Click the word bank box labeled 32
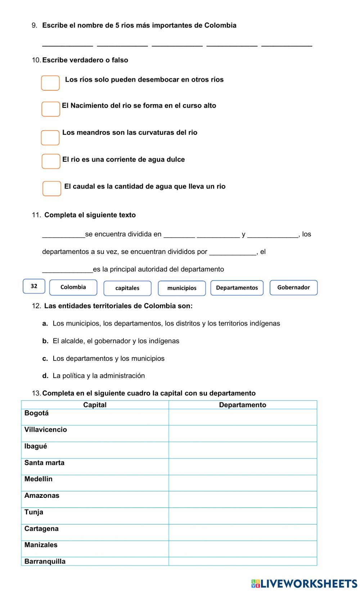[x=34, y=286]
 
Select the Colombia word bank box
[x=73, y=287]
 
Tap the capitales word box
[x=127, y=288]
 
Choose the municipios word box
[x=182, y=288]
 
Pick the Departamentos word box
[x=237, y=288]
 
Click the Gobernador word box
[x=293, y=287]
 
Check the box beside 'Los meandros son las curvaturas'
[x=50, y=138]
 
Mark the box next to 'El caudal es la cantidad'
[x=52, y=188]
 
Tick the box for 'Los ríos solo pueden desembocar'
[x=50, y=83]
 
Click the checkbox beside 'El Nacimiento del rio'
[x=51, y=109]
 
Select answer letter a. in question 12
[x=45, y=323]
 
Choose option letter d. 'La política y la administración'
[x=45, y=376]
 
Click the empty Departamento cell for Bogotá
[x=243, y=417]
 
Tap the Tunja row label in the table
[x=34, y=512]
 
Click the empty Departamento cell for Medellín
[x=243, y=483]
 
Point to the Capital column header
[x=95, y=405]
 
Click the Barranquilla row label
[x=45, y=562]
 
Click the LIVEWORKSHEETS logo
[x=304, y=583]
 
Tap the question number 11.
[x=36, y=215]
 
